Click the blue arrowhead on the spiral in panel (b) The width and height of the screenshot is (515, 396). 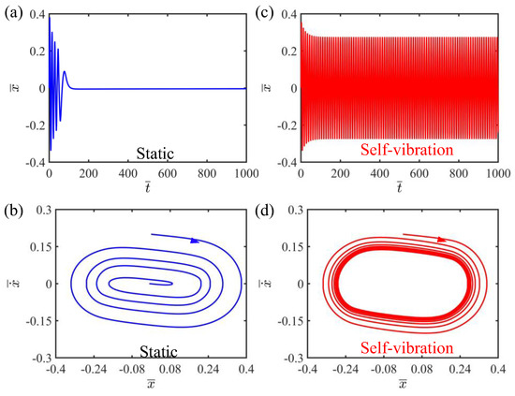click(195, 241)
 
